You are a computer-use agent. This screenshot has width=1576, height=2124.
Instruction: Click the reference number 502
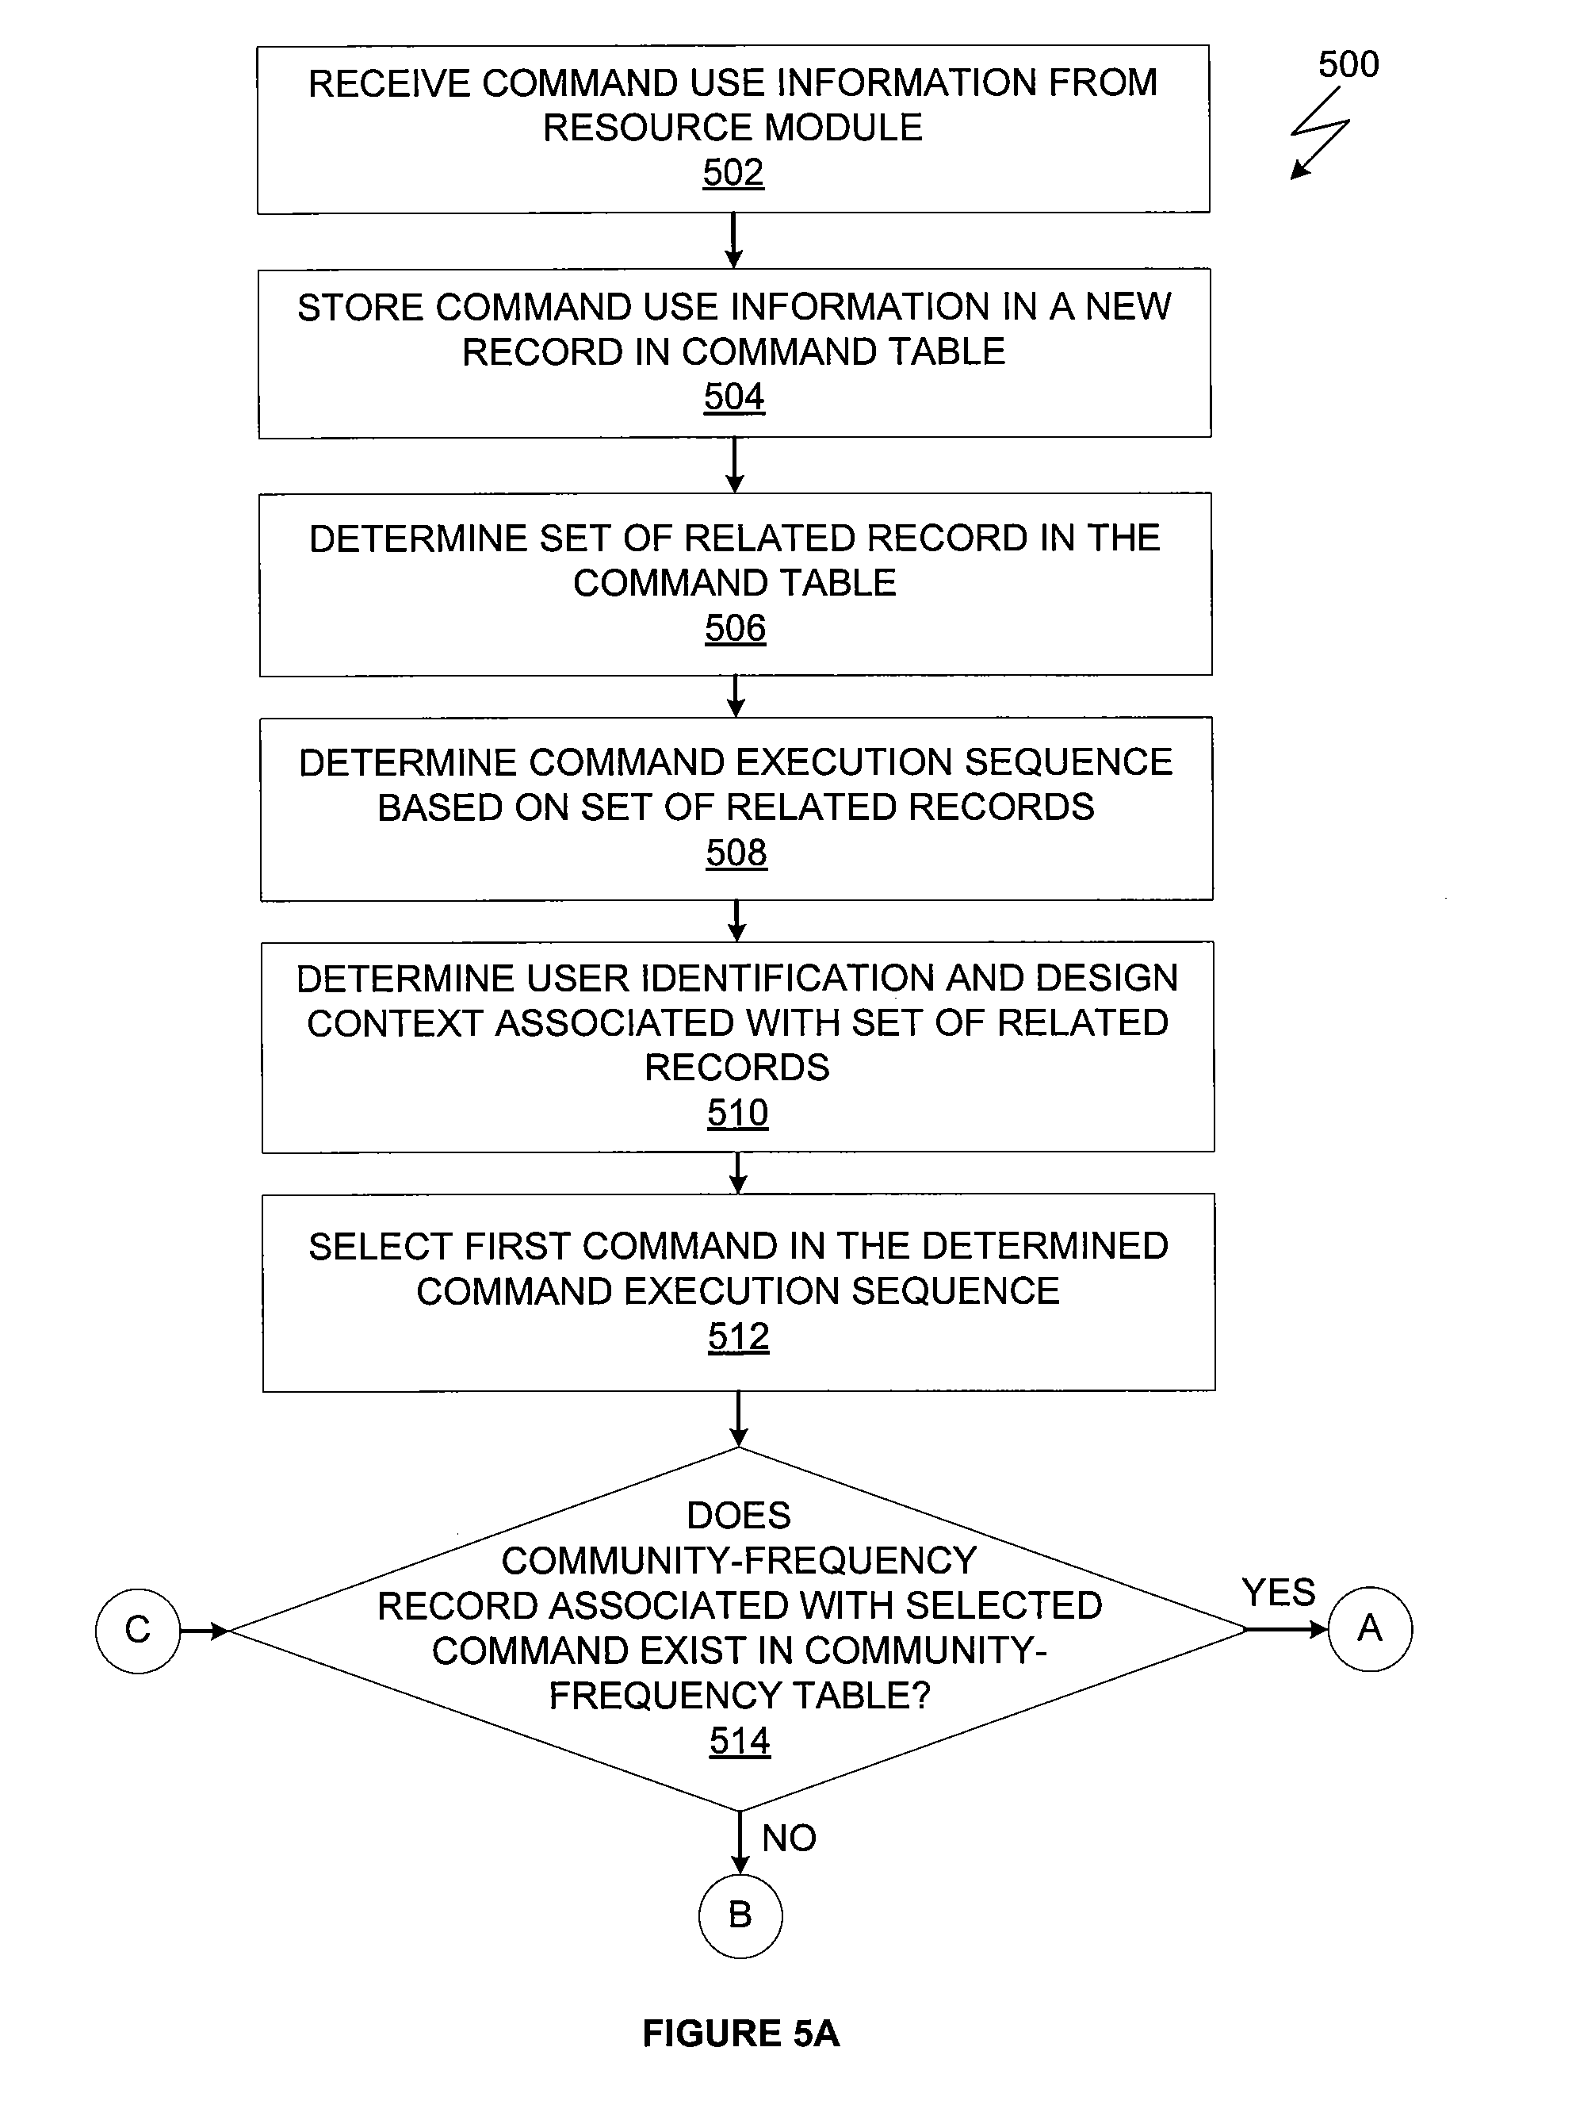click(x=733, y=173)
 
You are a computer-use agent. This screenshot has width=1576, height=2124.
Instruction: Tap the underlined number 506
click(x=735, y=629)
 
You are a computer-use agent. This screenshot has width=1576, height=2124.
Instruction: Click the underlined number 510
click(x=737, y=1114)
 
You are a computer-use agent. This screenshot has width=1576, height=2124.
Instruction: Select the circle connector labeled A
click(x=1370, y=1629)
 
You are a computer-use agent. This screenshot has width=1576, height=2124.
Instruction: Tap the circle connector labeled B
click(x=740, y=1916)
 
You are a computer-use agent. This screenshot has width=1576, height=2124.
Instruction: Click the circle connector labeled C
click(x=137, y=1631)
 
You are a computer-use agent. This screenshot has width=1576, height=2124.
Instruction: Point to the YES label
click(x=1279, y=1593)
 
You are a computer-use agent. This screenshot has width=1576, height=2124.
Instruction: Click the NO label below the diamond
click(x=789, y=1838)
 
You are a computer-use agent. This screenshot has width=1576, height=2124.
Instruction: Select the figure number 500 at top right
click(x=1348, y=65)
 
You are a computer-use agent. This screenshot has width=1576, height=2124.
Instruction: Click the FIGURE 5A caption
click(x=740, y=2034)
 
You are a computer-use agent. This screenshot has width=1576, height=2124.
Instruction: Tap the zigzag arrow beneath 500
click(x=1320, y=132)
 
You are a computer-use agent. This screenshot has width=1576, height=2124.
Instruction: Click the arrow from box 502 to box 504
click(x=733, y=240)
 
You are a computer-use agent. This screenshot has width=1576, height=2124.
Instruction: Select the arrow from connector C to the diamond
click(x=205, y=1631)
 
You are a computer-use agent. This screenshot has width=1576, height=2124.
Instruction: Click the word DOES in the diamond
click(x=740, y=1515)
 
